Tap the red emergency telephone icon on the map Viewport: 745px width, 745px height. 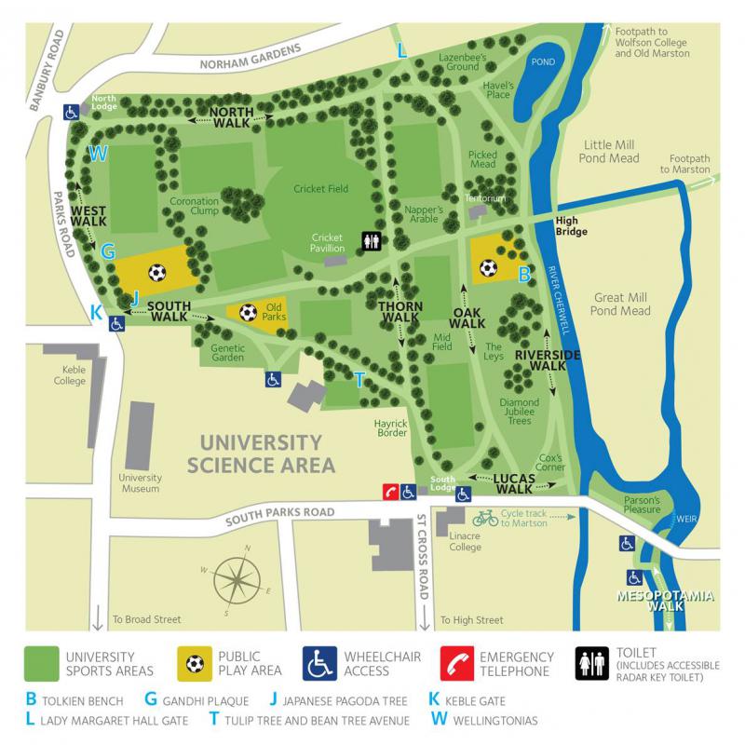[391, 491]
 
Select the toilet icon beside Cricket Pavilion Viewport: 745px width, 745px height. [372, 241]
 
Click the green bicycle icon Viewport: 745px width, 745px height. [485, 517]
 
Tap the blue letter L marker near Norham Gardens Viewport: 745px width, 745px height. [402, 51]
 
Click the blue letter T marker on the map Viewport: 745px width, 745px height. [359, 378]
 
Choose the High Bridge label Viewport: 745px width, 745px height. [571, 225]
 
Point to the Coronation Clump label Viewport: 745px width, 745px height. [195, 207]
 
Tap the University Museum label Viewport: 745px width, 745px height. [140, 482]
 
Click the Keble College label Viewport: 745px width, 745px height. [68, 375]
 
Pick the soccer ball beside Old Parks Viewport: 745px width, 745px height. [248, 313]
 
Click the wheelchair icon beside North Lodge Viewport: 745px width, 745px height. [71, 112]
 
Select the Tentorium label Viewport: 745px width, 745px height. [485, 198]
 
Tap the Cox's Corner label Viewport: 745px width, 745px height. [552, 463]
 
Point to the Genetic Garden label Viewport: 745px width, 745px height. [221, 351]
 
